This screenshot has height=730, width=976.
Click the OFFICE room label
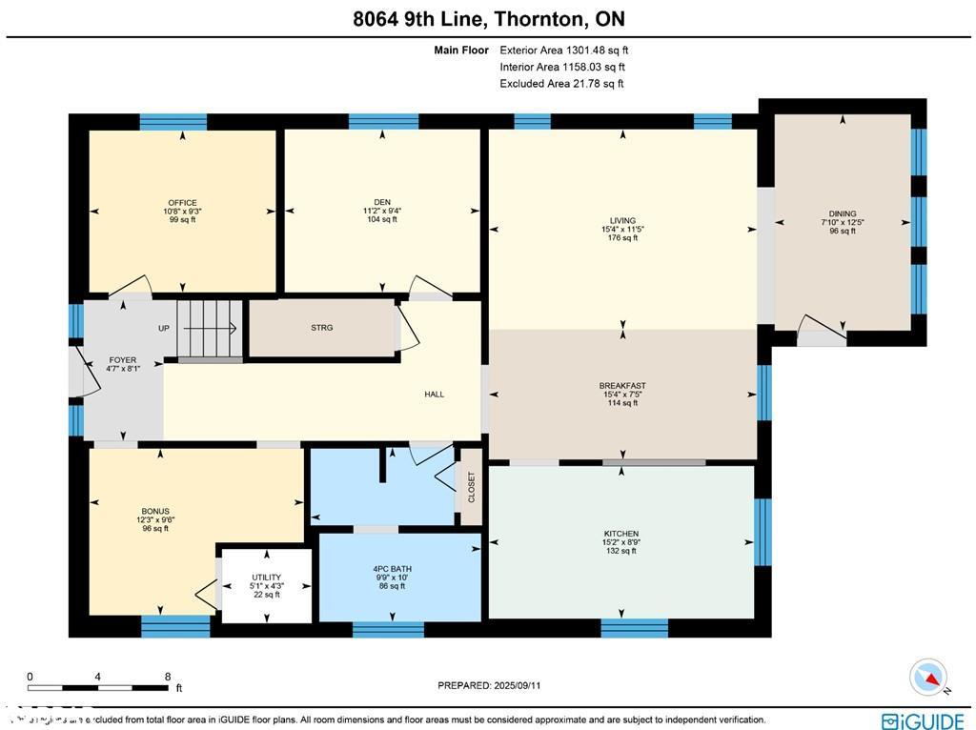tap(182, 203)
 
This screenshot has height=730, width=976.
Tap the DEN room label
tap(382, 202)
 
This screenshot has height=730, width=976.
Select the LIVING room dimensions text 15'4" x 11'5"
tap(623, 229)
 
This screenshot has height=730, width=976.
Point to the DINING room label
tap(843, 213)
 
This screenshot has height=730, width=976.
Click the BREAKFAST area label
tap(622, 386)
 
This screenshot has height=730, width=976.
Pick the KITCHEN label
tap(620, 534)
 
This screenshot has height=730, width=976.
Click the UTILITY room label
tap(266, 578)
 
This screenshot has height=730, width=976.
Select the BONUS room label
tap(155, 512)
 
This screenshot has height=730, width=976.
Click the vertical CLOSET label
tap(471, 487)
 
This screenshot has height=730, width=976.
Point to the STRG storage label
tap(321, 328)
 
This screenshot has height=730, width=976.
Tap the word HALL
tap(434, 395)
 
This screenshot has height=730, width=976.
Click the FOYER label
tap(123, 360)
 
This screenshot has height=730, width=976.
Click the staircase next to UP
tap(209, 328)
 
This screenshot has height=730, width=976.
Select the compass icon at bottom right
tap(927, 678)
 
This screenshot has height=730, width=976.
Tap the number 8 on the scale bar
tap(168, 677)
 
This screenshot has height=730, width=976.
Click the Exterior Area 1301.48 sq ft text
tap(563, 51)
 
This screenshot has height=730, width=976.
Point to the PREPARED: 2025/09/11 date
tap(489, 685)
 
